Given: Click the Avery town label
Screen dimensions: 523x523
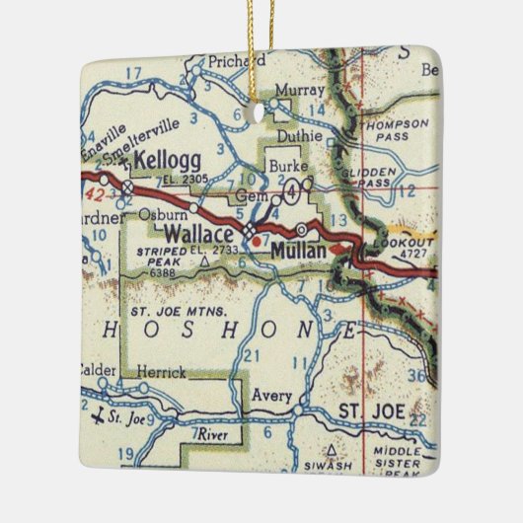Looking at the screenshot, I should pyautogui.click(x=271, y=397).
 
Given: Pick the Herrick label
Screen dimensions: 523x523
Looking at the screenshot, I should pyautogui.click(x=161, y=374).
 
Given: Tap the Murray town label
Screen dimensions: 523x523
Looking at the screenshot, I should pyautogui.click(x=293, y=89).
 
